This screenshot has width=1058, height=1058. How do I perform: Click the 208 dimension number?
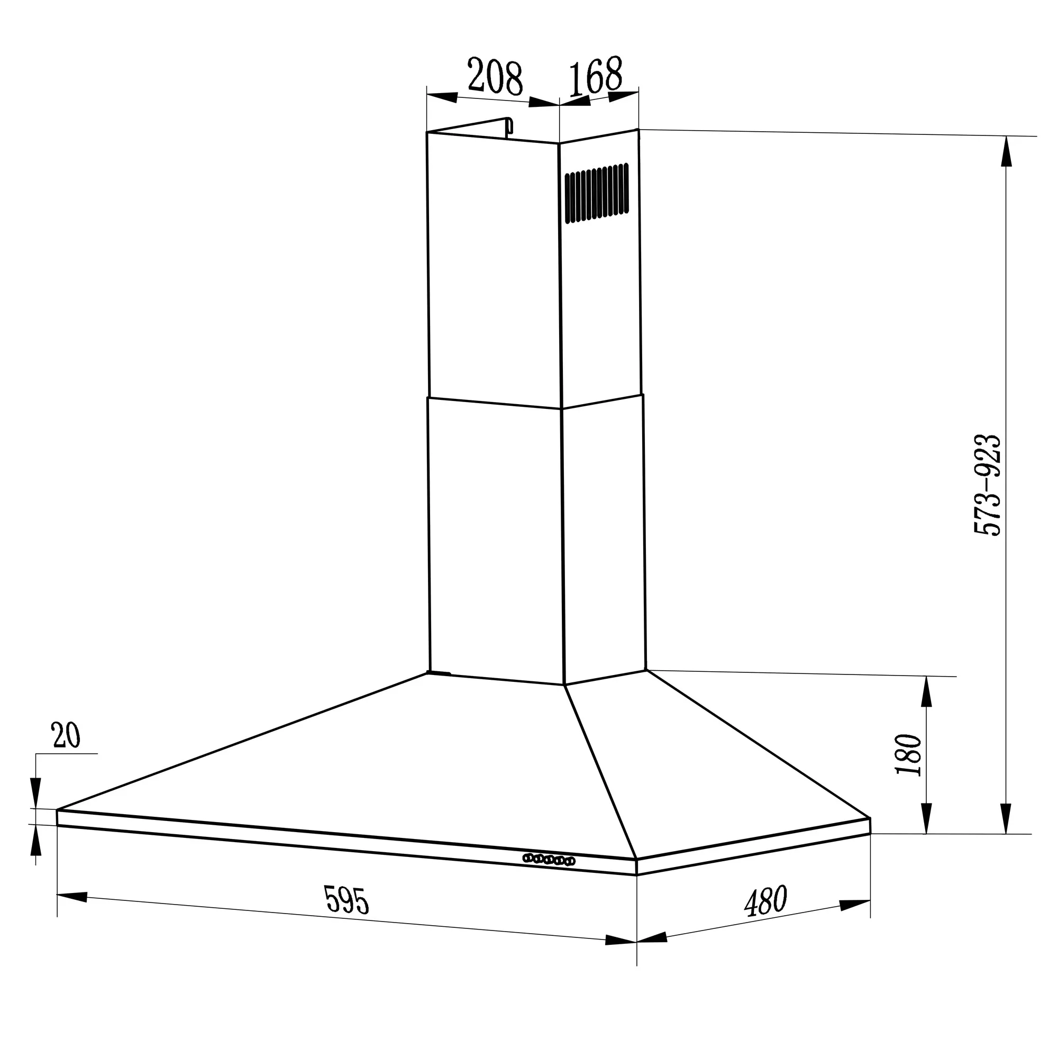pyautogui.click(x=495, y=78)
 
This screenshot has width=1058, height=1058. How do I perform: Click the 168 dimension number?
pyautogui.click(x=595, y=76)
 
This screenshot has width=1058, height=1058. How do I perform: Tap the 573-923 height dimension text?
pyautogui.click(x=987, y=485)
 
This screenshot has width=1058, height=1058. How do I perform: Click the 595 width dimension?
pyautogui.click(x=347, y=900)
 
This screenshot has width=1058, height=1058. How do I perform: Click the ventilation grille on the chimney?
pyautogui.click(x=596, y=193)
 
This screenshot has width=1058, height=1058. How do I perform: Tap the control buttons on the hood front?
pyautogui.click(x=549, y=859)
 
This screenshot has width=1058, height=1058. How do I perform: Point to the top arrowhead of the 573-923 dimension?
pyautogui.click(x=1006, y=151)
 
